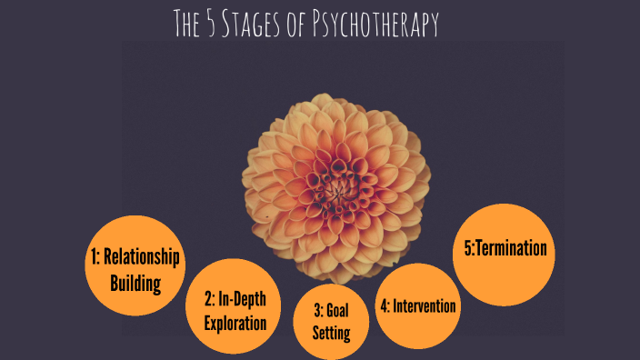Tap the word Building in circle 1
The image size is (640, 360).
135,283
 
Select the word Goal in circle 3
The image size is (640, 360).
337,310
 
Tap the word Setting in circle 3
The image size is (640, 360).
331,333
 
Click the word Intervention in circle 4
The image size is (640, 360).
425,305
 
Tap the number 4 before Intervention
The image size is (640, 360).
384,305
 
